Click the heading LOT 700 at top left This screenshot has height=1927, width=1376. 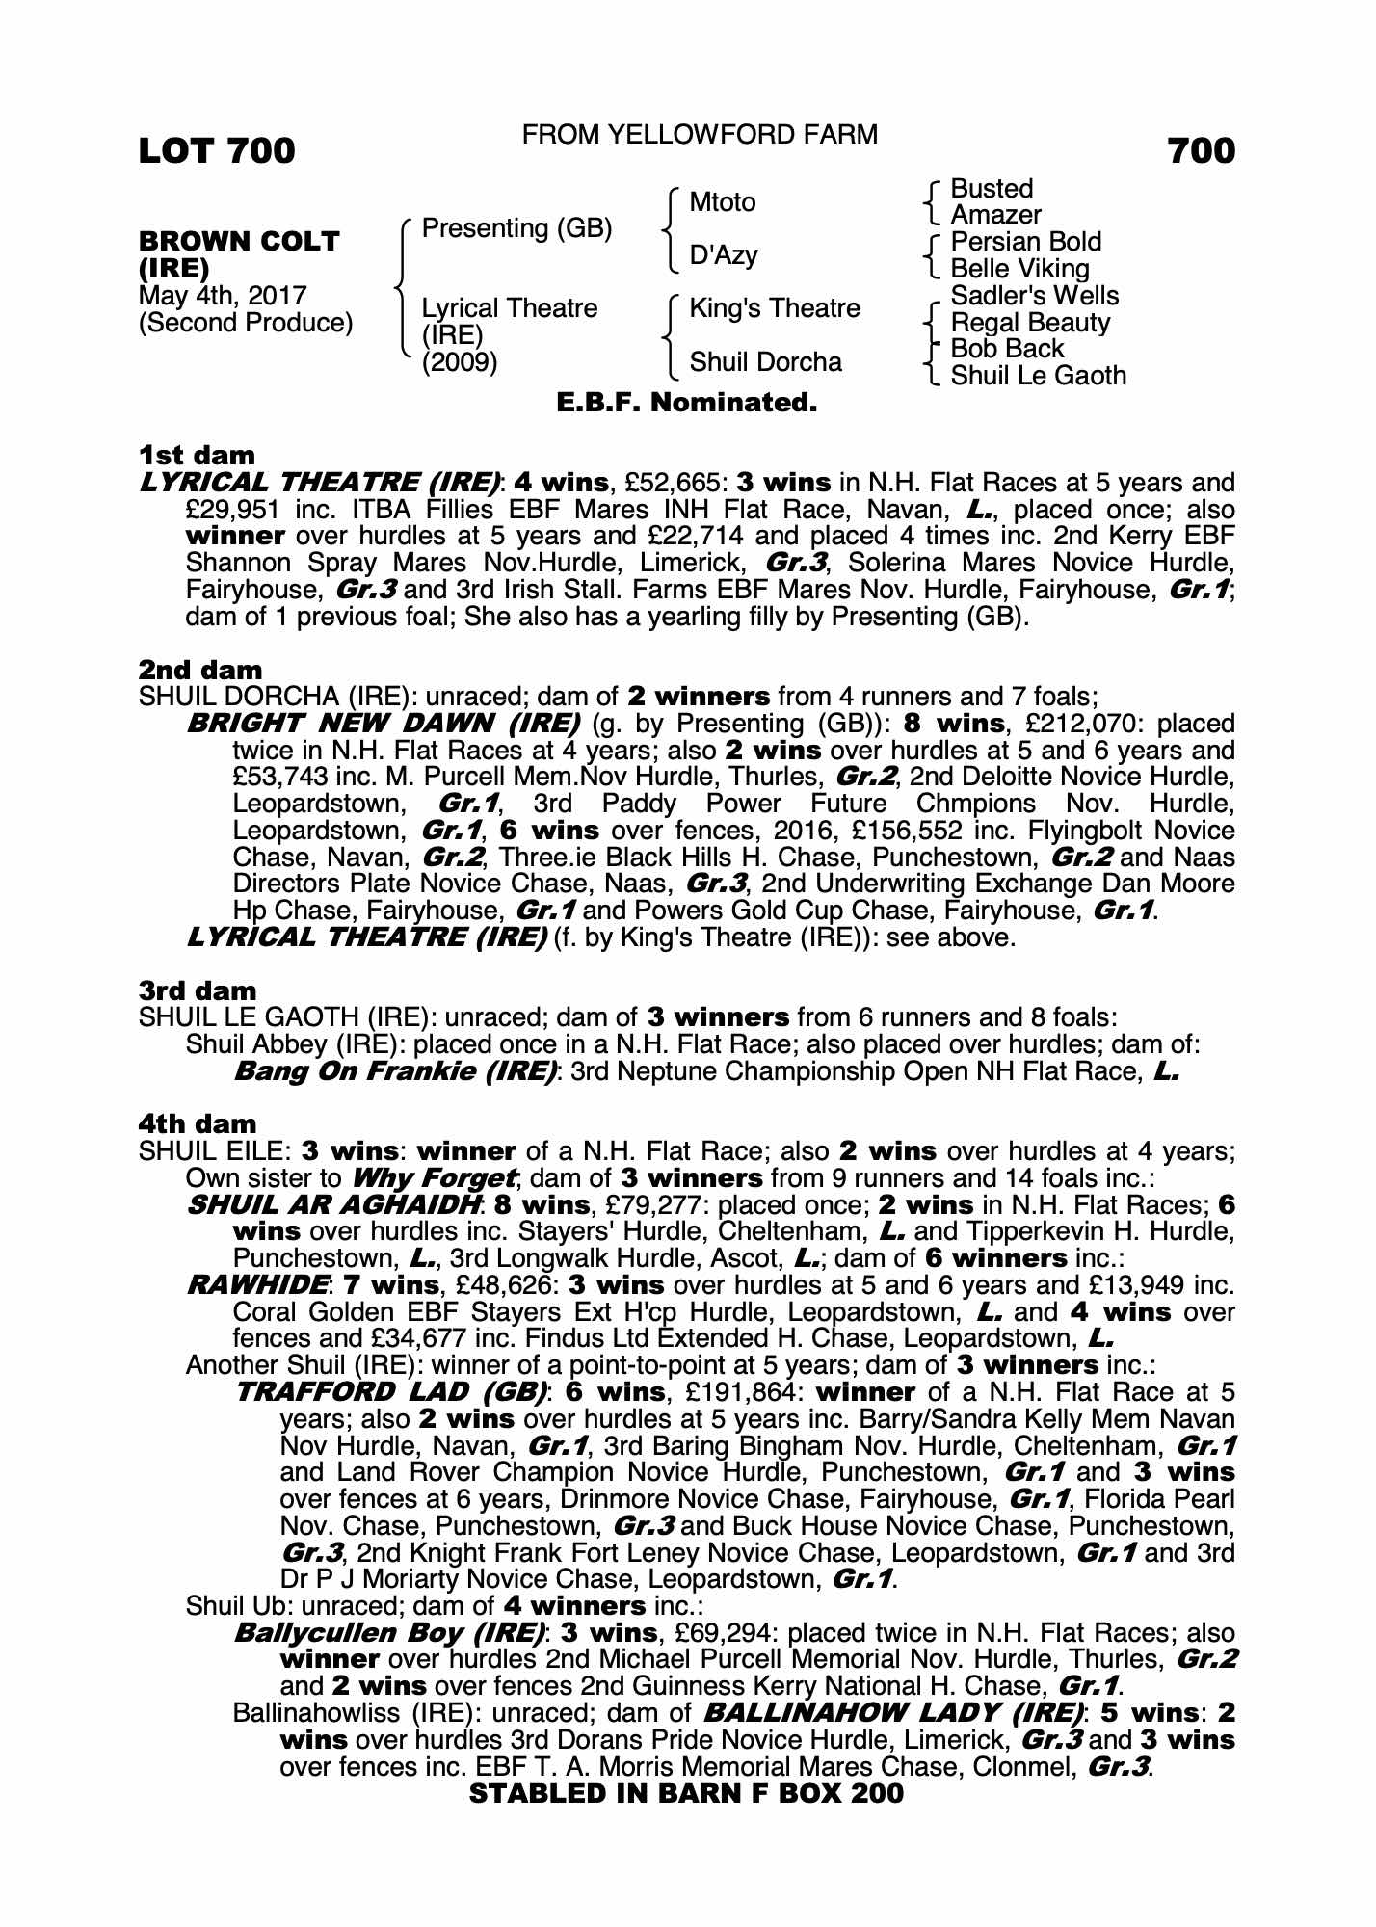pyautogui.click(x=217, y=151)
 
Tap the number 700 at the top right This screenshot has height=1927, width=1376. pyautogui.click(x=1201, y=151)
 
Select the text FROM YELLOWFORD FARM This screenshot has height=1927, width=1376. pyautogui.click(x=700, y=134)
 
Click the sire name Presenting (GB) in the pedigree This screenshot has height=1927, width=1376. pyautogui.click(x=517, y=228)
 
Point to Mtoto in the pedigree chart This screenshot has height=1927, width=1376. pyautogui.click(x=723, y=202)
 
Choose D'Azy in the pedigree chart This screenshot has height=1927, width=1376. pyautogui.click(x=724, y=255)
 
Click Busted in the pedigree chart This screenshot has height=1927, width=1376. pyautogui.click(x=992, y=189)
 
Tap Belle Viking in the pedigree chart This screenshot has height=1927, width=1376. pyautogui.click(x=1019, y=269)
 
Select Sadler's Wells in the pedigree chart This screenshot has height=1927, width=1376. pyautogui.click(x=1035, y=296)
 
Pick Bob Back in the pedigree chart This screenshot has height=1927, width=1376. pyautogui.click(x=1007, y=349)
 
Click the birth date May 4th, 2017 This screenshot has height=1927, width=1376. pyautogui.click(x=223, y=296)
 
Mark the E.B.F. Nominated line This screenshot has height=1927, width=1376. pyautogui.click(x=687, y=403)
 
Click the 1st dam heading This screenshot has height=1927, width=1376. pyautogui.click(x=197, y=455)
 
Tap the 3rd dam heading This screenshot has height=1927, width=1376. pyautogui.click(x=197, y=990)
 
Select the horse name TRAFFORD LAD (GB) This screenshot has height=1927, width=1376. pyautogui.click(x=391, y=1392)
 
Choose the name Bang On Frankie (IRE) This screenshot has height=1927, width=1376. pyautogui.click(x=396, y=1071)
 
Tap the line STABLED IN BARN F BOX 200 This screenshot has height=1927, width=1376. pyautogui.click(x=686, y=1793)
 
